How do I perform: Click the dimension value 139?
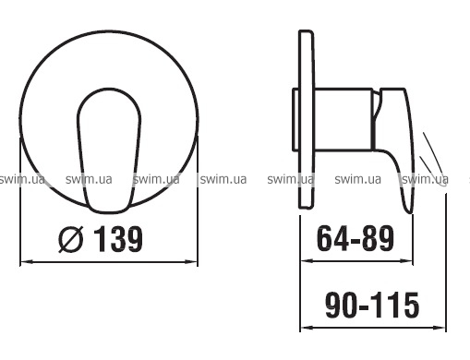coord(118,239)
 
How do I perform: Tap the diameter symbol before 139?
coord(71,239)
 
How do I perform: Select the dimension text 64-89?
coord(356,238)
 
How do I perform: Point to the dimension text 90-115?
coord(372,305)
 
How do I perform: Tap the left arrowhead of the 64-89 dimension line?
coord(307,261)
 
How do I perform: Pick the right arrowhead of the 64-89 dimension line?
coord(405,261)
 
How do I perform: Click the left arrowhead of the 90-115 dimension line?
coord(307,328)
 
